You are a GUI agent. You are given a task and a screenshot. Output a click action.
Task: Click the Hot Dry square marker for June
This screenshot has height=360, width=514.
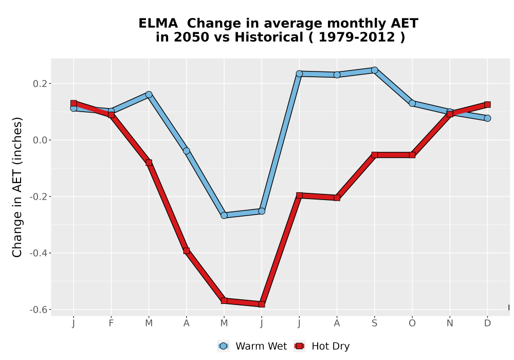[262, 304]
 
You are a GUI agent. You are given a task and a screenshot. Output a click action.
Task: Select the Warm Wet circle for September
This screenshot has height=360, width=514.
[374, 70]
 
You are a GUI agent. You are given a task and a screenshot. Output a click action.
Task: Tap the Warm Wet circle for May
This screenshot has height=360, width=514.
[224, 215]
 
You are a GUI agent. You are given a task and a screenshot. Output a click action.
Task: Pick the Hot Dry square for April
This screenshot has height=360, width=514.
[186, 251]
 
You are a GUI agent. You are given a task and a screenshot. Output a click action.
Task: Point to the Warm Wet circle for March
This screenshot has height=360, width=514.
[149, 95]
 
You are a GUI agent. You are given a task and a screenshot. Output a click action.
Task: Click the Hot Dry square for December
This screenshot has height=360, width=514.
[487, 104]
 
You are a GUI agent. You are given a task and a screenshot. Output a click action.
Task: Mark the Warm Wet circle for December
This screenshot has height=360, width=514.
[487, 118]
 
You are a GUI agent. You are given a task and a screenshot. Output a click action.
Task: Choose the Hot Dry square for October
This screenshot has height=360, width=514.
[412, 155]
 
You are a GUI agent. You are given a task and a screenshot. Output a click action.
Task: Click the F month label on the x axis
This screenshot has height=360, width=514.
[111, 323]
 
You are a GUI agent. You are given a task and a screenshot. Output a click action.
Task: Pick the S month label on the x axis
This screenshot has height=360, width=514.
[374, 323]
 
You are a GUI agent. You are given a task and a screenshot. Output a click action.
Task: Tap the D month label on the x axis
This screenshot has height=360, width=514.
[487, 323]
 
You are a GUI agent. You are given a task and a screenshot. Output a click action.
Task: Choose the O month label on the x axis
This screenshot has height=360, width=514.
[412, 323]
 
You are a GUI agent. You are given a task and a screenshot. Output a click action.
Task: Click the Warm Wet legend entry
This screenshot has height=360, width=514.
[252, 346]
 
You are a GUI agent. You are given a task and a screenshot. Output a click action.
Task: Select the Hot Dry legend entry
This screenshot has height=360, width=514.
[322, 346]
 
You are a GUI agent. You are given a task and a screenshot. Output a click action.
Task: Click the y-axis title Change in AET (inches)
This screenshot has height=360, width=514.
[17, 187]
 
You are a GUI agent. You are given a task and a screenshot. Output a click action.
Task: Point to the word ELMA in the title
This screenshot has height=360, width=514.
[158, 24]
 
